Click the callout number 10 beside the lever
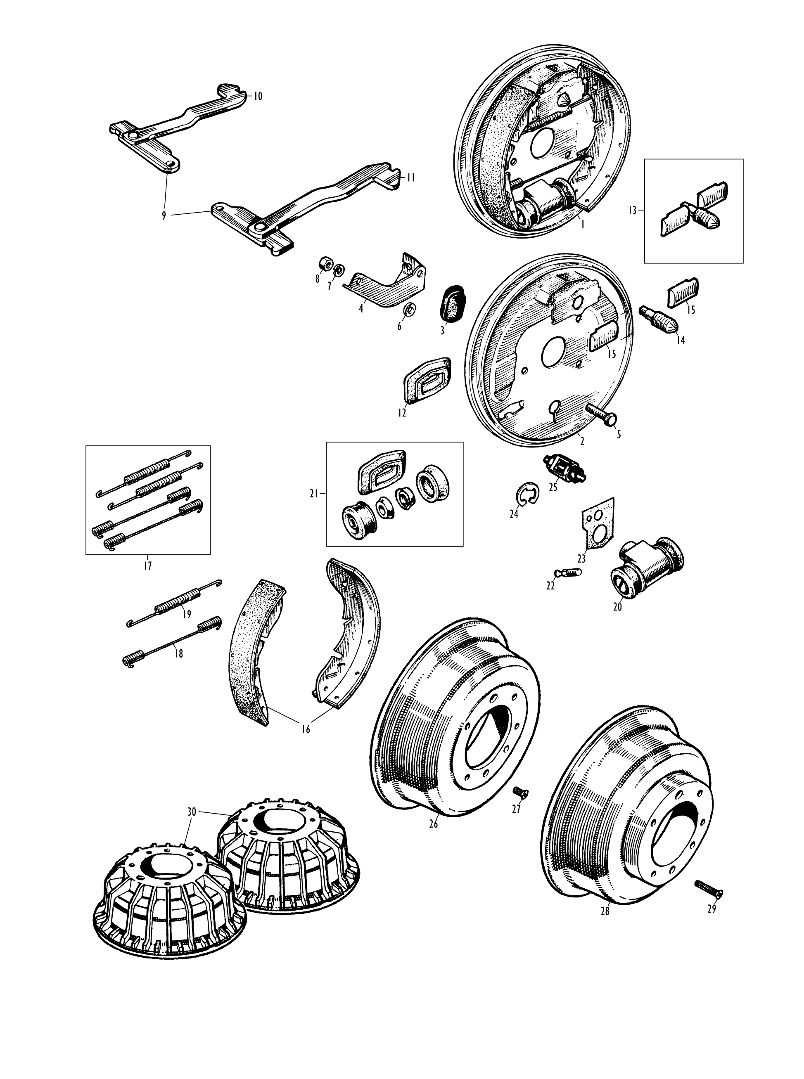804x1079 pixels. tap(257, 96)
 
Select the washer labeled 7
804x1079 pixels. tap(339, 269)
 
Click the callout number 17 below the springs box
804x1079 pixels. tap(147, 566)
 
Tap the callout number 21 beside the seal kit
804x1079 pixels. tap(313, 494)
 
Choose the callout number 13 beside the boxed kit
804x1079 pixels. tap(632, 211)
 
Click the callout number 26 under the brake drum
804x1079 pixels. tap(434, 824)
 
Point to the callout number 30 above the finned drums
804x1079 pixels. tap(192, 812)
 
